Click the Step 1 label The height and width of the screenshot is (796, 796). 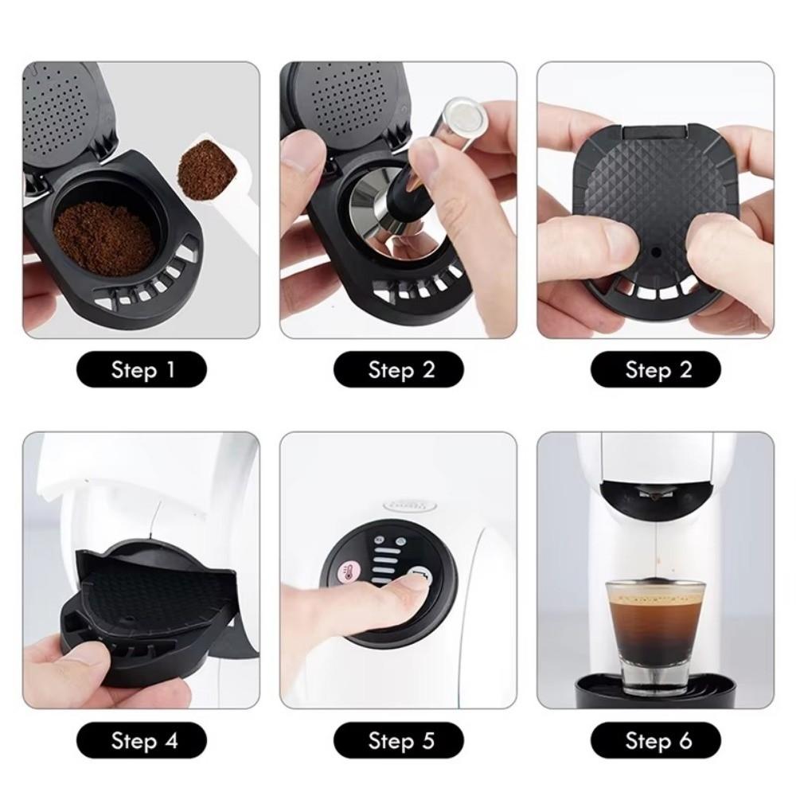(x=142, y=370)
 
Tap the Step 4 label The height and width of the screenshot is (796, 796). (x=142, y=742)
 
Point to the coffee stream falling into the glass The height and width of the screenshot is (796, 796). (x=654, y=541)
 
